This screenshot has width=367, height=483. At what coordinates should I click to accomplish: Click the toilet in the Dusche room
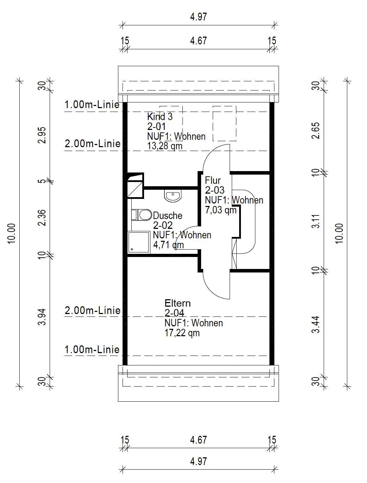pyautogui.click(x=142, y=215)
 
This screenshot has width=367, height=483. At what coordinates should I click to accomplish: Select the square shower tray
pyautogui.click(x=139, y=242)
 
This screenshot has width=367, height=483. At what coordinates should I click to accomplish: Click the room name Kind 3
pyautogui.click(x=160, y=117)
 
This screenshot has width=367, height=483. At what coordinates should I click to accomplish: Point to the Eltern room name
pyautogui.click(x=178, y=303)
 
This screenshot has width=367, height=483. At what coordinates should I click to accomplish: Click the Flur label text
pyautogui.click(x=213, y=181)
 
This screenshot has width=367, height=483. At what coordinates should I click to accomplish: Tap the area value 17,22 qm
pyautogui.click(x=182, y=333)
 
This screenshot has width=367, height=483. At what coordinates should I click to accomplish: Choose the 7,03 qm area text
pyautogui.click(x=220, y=210)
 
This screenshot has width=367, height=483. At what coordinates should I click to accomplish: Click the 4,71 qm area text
pyautogui.click(x=168, y=245)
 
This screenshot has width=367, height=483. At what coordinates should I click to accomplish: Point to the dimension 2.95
pyautogui.click(x=42, y=135)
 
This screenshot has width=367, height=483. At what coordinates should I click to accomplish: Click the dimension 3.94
pyautogui.click(x=42, y=317)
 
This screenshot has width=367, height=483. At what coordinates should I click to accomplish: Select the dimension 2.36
pyautogui.click(x=42, y=218)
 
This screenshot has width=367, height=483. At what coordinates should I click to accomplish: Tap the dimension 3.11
pyautogui.click(x=316, y=221)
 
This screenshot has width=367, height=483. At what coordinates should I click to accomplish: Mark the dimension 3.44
pyautogui.click(x=316, y=325)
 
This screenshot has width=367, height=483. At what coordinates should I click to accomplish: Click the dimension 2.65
pyautogui.click(x=316, y=131)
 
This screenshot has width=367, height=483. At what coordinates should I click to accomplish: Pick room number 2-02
pyautogui.click(x=163, y=226)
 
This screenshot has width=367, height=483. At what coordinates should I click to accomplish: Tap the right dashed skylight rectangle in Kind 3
pyautogui.click(x=225, y=124)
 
